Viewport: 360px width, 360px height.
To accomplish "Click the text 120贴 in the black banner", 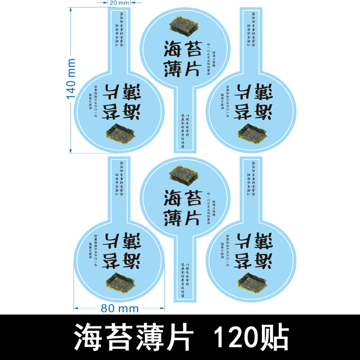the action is coord(250,336).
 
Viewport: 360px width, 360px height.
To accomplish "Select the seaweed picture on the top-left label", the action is coord(120,133).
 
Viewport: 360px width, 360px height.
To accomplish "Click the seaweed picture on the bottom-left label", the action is coord(120,281).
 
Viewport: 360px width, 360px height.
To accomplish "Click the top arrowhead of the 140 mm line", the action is coord(70,13).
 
